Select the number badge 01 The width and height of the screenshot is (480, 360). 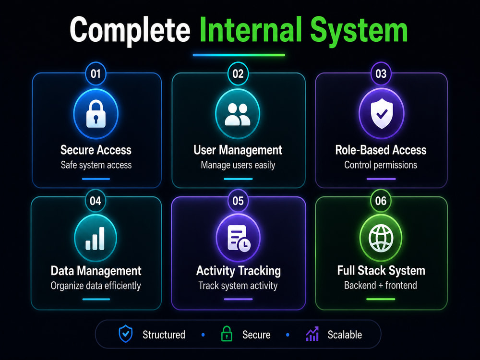[96, 74]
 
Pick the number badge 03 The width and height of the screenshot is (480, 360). [381, 74]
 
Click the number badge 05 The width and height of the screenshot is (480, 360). [238, 201]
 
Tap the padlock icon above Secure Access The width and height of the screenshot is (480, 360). [96, 114]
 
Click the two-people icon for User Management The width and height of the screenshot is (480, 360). [238, 115]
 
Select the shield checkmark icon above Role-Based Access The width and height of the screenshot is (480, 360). [382, 113]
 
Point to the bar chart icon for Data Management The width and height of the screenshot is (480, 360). [95, 239]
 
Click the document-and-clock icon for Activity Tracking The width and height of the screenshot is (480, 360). [239, 239]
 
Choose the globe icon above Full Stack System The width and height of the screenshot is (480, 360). [381, 238]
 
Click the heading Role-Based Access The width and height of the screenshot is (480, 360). [381, 150]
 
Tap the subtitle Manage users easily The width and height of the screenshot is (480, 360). [238, 165]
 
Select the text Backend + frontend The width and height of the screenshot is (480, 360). [381, 285]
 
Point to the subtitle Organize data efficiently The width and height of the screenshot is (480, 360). [96, 286]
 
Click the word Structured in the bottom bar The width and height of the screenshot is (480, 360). [164, 335]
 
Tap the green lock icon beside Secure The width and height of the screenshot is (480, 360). [227, 334]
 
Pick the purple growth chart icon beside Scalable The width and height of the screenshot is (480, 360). [312, 334]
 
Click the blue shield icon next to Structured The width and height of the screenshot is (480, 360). [125, 334]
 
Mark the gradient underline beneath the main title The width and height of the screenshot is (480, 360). [239, 55]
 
